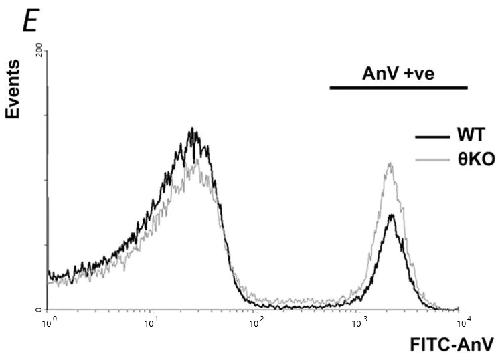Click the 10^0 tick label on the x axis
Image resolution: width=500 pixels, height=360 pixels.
tap(48, 323)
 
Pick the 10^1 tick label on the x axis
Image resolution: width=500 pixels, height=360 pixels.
tap(152, 323)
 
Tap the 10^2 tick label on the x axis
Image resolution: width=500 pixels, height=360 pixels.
tap(256, 323)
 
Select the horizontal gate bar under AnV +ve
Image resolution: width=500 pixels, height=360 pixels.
tap(398, 88)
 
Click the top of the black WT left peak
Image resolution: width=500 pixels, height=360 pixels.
tap(192, 129)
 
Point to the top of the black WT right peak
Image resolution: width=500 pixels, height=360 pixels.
tap(391, 215)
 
